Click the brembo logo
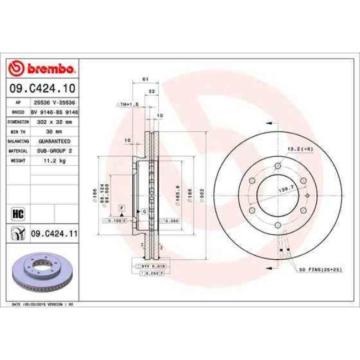[42, 69]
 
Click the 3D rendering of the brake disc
[42, 274]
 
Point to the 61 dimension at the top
[145, 80]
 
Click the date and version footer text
[43, 304]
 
